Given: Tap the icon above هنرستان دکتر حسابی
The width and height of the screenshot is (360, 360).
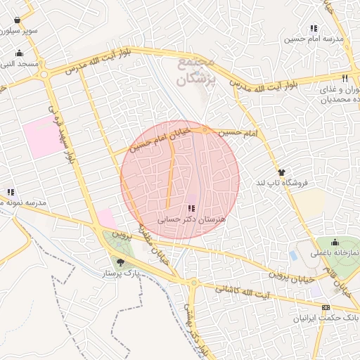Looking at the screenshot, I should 191,208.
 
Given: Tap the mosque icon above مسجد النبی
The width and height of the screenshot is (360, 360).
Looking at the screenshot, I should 18,53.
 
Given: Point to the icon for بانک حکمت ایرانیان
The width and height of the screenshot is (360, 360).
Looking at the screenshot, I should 325,307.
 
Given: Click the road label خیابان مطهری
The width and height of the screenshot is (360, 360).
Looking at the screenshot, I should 154,243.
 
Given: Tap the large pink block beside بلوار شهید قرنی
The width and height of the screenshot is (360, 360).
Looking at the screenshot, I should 41,137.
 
